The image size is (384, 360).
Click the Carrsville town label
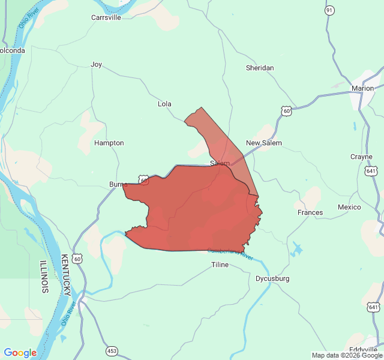click(x=106, y=17)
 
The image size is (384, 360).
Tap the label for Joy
click(x=96, y=64)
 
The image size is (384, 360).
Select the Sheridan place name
click(x=260, y=68)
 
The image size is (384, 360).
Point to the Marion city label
click(x=362, y=88)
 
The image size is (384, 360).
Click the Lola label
click(x=164, y=104)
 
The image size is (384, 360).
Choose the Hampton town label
click(x=109, y=143)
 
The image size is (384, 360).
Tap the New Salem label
click(x=263, y=143)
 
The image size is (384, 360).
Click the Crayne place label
click(x=361, y=157)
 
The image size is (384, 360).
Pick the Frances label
click(x=310, y=212)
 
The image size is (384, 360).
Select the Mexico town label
click(x=349, y=207)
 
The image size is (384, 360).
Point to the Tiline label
click(x=220, y=265)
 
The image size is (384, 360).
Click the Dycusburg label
click(x=272, y=278)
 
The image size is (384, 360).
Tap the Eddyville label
click(x=363, y=350)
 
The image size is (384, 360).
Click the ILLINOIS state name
click(x=44, y=276)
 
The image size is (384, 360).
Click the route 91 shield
click(x=329, y=11)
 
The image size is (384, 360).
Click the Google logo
click(x=20, y=353)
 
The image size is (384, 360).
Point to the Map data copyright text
click(x=346, y=355)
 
